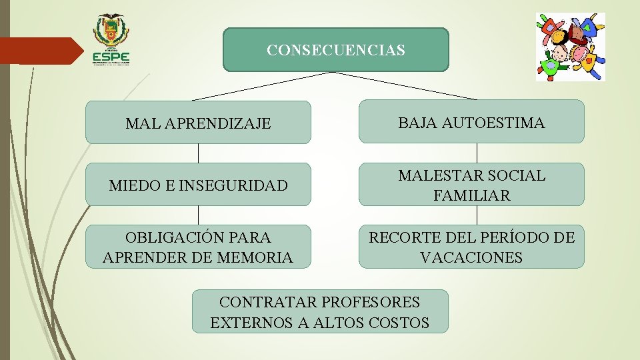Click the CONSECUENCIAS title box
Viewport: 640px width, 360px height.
tap(335, 49)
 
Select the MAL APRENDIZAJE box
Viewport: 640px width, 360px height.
tap(198, 123)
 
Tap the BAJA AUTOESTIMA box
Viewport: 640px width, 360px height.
tap(471, 122)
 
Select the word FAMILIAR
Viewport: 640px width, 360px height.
tap(471, 195)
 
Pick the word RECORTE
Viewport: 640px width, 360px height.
tap(403, 237)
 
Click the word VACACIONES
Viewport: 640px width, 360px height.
tap(471, 257)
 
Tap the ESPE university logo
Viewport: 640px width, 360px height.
tap(111, 39)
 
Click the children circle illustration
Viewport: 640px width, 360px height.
tap(571, 47)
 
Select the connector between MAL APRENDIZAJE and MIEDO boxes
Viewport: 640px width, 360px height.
tap(198, 153)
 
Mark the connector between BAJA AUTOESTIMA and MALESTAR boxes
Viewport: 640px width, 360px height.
tap(477, 153)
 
